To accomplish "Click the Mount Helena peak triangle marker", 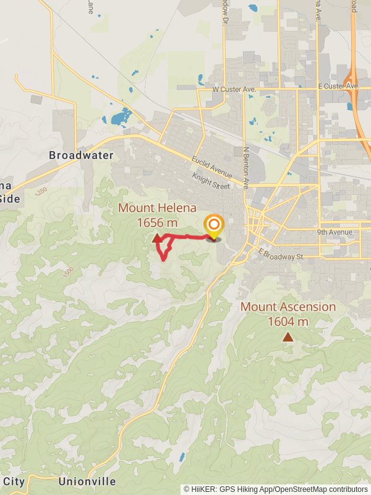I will click(155, 238).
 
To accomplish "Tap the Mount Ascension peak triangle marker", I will click(288, 337).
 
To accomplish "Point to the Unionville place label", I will click(87, 481).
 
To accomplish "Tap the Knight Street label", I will click(210, 181).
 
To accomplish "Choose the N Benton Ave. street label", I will click(245, 167).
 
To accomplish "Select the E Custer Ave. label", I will click(338, 85).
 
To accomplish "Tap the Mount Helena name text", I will click(157, 208).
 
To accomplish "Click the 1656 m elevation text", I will click(157, 222).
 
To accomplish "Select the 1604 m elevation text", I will click(288, 321).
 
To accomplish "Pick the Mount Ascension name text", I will click(288, 307).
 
